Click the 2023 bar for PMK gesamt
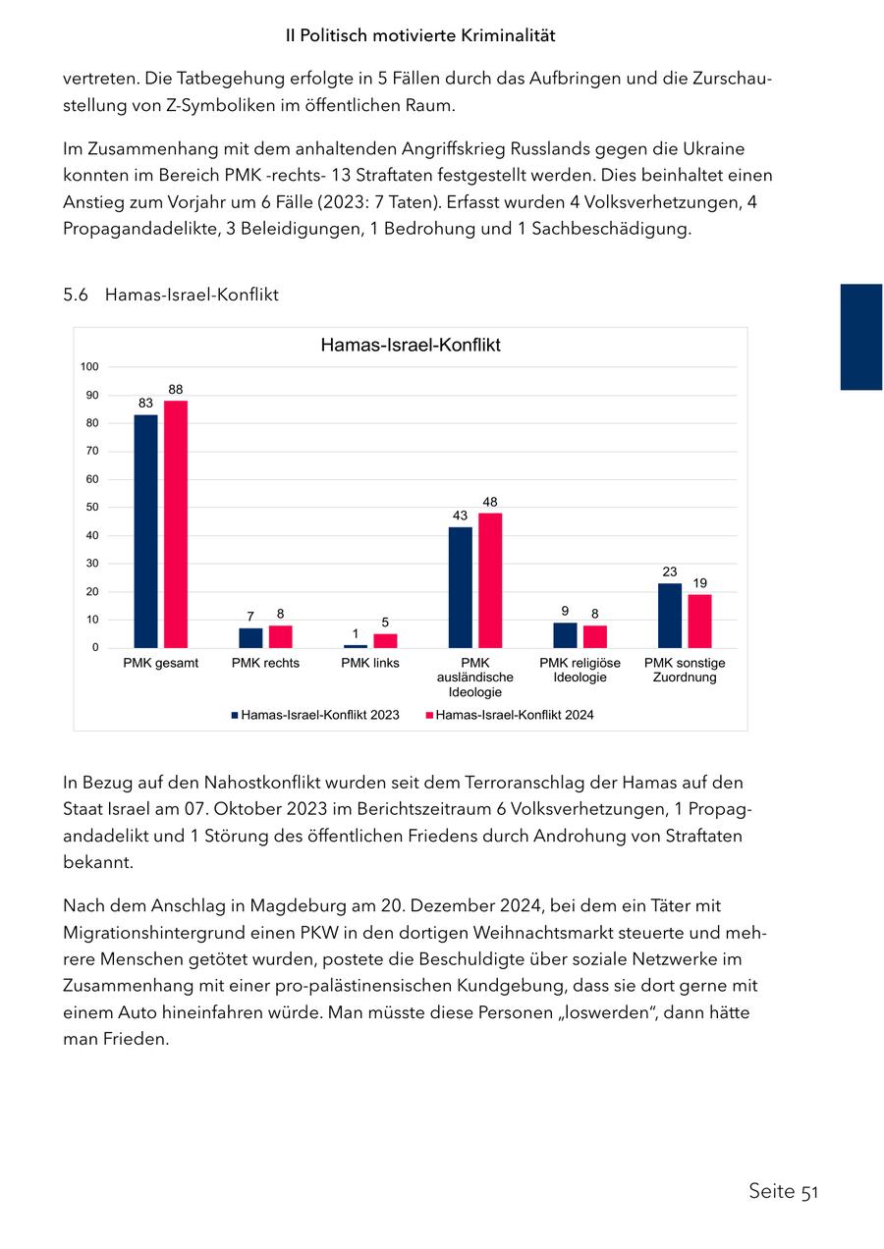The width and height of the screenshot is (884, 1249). coord(145,531)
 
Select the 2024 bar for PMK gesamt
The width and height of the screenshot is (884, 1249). coord(176,524)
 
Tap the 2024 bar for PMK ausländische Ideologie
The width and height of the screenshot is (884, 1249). coord(490,580)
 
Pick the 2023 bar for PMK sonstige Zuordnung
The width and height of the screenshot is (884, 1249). coord(670,616)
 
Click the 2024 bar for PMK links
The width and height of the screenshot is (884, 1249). coord(385,640)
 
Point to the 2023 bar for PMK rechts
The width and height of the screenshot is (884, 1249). coord(250,638)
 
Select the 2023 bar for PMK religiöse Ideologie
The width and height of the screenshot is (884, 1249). coord(565,635)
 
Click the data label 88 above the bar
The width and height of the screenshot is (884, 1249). coord(176,390)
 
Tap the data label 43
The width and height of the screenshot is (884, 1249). coord(460,516)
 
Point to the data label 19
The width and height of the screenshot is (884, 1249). coord(699,583)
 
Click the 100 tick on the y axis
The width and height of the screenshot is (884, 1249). coord(90,367)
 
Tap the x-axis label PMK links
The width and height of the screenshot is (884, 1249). coord(370,663)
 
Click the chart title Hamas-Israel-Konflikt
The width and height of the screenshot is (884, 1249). coord(411,346)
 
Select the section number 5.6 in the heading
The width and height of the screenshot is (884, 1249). coord(76,295)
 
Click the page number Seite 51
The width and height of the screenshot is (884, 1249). coord(783,1191)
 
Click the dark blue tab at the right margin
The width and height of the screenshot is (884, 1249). coord(861,337)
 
